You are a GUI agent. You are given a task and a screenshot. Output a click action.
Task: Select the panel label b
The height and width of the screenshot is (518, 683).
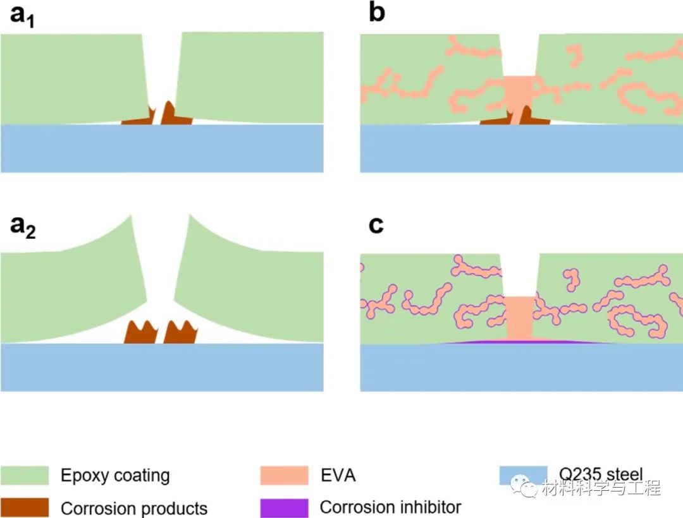tap(376, 13)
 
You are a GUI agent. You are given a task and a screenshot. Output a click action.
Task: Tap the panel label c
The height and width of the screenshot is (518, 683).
tap(376, 225)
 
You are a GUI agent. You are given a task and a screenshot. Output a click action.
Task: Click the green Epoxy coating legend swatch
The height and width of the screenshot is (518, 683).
tap(25, 475)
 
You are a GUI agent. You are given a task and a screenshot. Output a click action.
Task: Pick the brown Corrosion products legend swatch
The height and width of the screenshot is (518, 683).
tap(25, 507)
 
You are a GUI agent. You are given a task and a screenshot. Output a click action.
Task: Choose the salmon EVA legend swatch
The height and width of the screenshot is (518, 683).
tap(284, 475)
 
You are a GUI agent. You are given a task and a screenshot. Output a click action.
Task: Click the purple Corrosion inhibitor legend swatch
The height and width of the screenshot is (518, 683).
tap(284, 507)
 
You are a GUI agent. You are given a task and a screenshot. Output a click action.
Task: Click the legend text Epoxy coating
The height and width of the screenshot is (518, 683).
tap(115, 475)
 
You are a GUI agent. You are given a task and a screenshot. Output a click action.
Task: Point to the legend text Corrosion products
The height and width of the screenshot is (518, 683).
tap(134, 508)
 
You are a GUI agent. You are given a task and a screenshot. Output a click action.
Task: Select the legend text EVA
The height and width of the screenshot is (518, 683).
tap(338, 475)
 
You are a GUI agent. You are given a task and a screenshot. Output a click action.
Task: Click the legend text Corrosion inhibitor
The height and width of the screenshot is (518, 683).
tap(390, 507)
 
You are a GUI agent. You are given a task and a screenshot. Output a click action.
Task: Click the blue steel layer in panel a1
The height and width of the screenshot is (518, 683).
tap(162, 148)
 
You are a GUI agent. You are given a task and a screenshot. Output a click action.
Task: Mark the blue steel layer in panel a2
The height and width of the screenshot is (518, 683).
tap(162, 367)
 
